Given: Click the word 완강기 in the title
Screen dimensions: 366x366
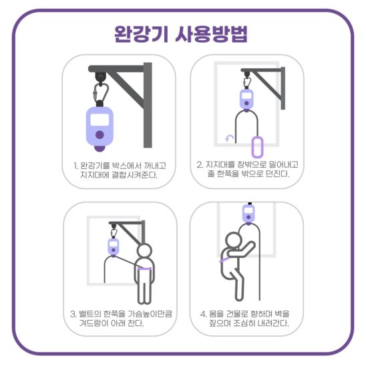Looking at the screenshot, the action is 142,34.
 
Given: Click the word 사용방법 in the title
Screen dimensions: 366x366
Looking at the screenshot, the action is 211,34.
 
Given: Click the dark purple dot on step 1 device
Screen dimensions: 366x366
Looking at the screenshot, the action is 100,135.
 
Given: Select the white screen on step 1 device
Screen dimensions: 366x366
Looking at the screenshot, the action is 100,120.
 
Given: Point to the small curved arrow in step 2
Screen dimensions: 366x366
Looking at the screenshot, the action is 229,138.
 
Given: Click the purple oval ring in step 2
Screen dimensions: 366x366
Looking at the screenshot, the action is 257,148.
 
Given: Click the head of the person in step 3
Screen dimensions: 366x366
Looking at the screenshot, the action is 144,252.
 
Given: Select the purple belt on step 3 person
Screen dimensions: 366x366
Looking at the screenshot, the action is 144,269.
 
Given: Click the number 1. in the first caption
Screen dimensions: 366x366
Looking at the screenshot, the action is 75,166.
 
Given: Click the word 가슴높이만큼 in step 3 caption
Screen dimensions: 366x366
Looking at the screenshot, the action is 150,313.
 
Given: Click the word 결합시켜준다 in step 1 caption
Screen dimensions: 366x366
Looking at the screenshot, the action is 134,175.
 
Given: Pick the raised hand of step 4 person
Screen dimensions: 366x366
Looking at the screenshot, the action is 251,245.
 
